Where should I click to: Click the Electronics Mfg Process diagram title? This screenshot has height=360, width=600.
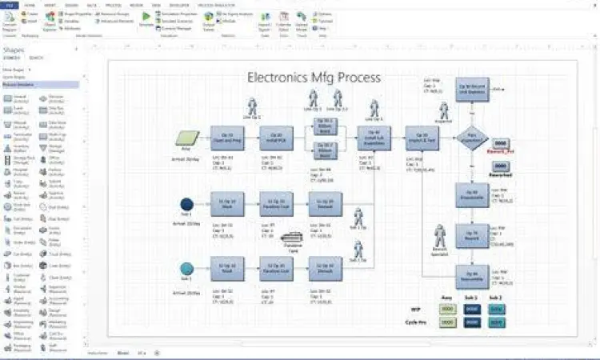[314, 78]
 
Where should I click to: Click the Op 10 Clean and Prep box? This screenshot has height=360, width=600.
[227, 138]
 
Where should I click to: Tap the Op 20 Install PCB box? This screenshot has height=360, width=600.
[277, 138]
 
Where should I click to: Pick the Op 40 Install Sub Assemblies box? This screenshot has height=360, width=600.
[373, 138]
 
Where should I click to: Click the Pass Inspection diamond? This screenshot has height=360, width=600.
[471, 138]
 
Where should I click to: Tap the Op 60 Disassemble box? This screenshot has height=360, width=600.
[471, 194]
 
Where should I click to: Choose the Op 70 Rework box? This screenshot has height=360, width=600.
[471, 237]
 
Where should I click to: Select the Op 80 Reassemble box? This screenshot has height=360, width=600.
[471, 277]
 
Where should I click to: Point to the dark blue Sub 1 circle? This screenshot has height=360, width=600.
[187, 204]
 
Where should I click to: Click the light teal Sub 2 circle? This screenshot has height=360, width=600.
[187, 268]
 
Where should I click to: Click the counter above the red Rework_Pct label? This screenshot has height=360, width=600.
[501, 142]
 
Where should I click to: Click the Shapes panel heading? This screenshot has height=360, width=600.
[16, 50]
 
